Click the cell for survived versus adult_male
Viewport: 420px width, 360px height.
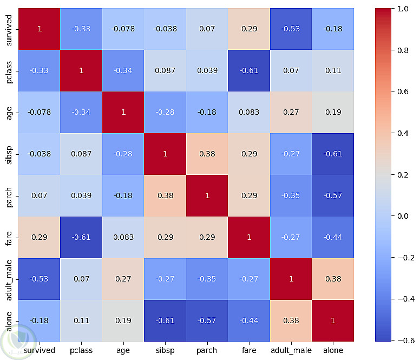tap(291, 29)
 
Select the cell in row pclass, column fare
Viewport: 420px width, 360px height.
tap(249, 70)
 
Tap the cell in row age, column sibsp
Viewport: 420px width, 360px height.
tap(165, 112)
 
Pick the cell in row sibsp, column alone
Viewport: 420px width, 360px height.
tap(333, 154)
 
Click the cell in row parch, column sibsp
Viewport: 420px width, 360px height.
tap(165, 195)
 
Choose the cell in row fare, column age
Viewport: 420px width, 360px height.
tap(123, 237)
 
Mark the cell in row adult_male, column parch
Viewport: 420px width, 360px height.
tap(207, 279)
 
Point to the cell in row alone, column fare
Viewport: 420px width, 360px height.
tap(249, 320)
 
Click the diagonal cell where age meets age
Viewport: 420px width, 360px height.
tap(123, 112)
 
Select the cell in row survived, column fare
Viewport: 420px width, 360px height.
tap(249, 29)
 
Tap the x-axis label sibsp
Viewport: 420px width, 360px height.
tap(165, 350)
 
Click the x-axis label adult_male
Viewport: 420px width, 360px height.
tap(291, 350)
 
